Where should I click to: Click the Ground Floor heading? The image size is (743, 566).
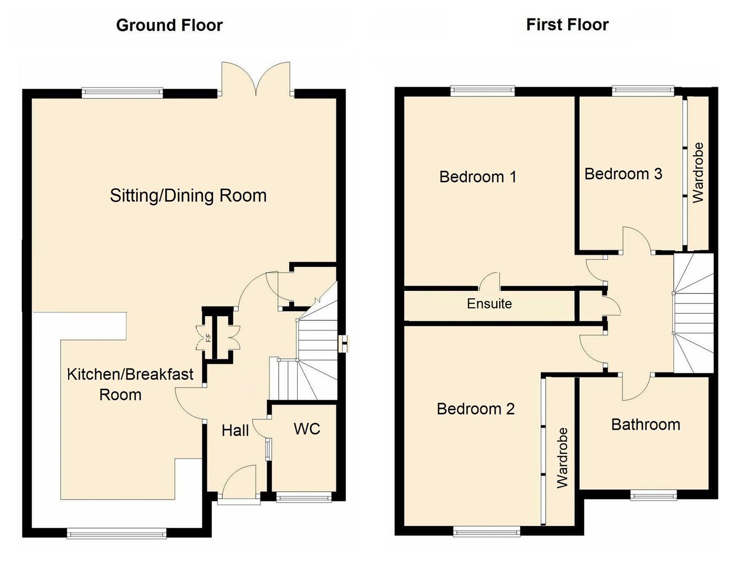tap(169, 25)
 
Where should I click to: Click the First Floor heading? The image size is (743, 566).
tap(567, 25)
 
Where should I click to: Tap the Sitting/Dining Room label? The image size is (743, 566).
tap(188, 195)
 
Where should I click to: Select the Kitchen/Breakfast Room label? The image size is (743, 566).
tap(130, 384)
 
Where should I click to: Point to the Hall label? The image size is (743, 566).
tap(235, 431)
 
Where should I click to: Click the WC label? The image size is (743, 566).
tap(307, 429)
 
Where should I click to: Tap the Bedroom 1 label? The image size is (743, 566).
tap(477, 177)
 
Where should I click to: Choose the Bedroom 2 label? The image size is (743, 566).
tap(475, 409)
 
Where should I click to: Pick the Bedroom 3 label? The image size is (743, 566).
tap(622, 173)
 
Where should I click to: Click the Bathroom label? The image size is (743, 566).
tap(645, 424)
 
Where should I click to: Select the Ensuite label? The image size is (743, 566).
tap(489, 303)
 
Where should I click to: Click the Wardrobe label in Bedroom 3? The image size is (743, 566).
tap(698, 173)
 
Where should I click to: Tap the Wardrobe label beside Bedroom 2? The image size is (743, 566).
tap(562, 458)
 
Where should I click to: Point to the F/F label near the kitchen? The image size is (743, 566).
tap(208, 338)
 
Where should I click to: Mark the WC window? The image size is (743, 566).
tap(303, 497)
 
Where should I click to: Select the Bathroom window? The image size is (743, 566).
tap(653, 495)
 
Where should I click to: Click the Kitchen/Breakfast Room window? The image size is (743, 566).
tap(116, 534)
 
